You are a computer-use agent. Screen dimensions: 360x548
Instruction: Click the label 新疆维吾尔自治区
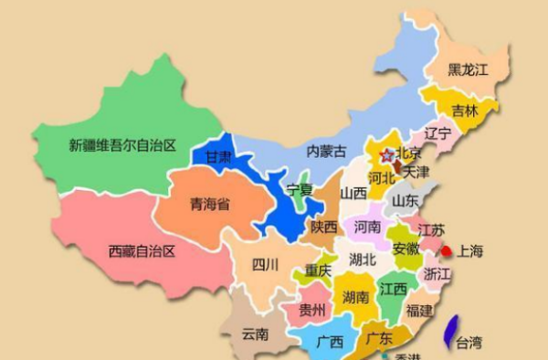point(122,144)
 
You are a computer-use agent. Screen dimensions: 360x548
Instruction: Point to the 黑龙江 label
point(468,69)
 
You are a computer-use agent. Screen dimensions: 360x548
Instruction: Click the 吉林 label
point(465,111)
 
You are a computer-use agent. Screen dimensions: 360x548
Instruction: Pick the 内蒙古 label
point(326,150)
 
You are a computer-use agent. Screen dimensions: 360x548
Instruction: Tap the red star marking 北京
point(386,155)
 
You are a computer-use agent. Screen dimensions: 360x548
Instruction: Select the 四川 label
point(265,265)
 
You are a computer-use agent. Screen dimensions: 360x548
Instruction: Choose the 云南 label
point(255,334)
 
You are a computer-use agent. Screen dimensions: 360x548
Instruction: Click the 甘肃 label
point(219,157)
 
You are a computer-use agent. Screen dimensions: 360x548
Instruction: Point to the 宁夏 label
point(300,190)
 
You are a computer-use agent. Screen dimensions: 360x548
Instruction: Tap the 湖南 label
point(355,297)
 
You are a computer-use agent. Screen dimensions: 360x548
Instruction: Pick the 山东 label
point(406,200)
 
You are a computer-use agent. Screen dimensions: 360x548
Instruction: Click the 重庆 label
point(318,270)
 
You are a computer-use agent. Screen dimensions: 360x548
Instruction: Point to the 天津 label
point(416,171)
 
